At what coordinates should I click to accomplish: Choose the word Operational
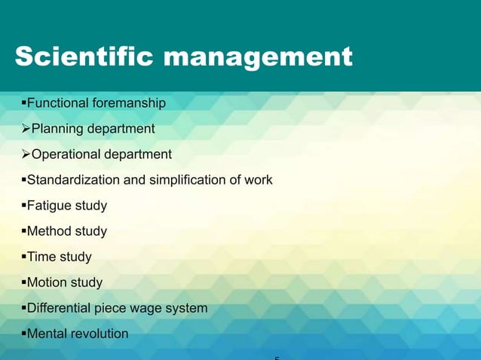64,154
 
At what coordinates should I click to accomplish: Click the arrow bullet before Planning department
23,129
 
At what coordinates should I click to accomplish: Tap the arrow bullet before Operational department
23,154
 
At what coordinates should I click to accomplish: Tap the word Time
41,257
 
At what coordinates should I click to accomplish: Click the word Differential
59,308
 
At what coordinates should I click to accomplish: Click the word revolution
100,334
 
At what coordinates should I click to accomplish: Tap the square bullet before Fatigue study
23,206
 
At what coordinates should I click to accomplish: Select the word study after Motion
87,282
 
